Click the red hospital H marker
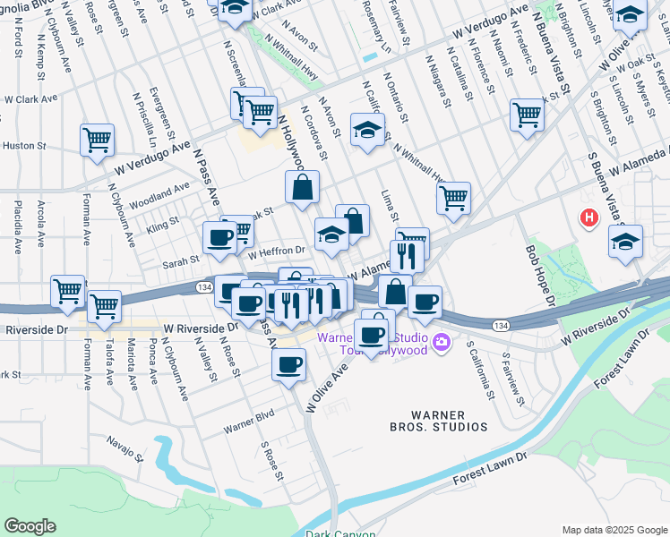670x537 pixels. [588, 217]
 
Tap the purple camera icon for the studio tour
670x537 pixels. [440, 342]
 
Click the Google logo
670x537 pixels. [30, 526]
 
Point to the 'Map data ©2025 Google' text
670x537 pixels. [614, 530]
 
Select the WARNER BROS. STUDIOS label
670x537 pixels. [450, 422]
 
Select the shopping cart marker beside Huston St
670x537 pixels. [97, 140]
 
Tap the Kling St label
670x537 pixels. [162, 218]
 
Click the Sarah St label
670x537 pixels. [180, 263]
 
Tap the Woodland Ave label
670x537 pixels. [159, 192]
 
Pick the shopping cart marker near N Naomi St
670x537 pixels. [527, 115]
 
